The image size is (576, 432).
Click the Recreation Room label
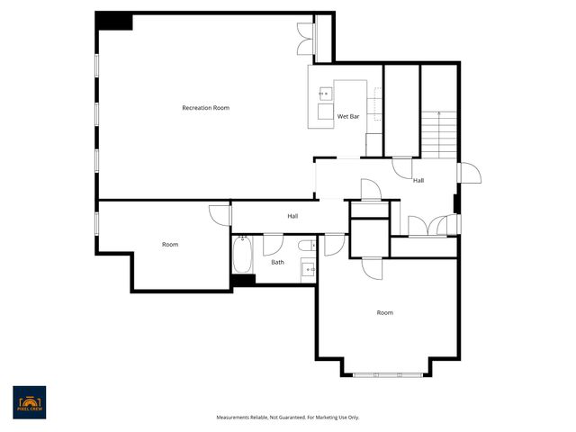coord(205,108)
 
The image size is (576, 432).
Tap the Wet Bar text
coord(348,117)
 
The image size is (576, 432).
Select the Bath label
coord(278,262)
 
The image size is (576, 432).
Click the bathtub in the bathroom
coord(242,256)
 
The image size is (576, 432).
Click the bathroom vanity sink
coord(307,268)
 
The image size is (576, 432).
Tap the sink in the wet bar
coord(323,93)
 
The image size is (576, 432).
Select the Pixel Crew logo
coord(30,402)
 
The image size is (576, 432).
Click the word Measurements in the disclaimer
coord(233,417)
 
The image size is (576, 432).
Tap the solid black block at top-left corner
coord(113,21)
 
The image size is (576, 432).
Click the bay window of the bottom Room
coord(391,373)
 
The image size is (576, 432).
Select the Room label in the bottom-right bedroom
coord(385,312)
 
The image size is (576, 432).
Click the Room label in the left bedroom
coord(170,245)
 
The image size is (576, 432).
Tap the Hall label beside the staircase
coord(418,180)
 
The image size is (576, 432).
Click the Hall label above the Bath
coord(292,216)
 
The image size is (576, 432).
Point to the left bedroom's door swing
coord(219,213)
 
